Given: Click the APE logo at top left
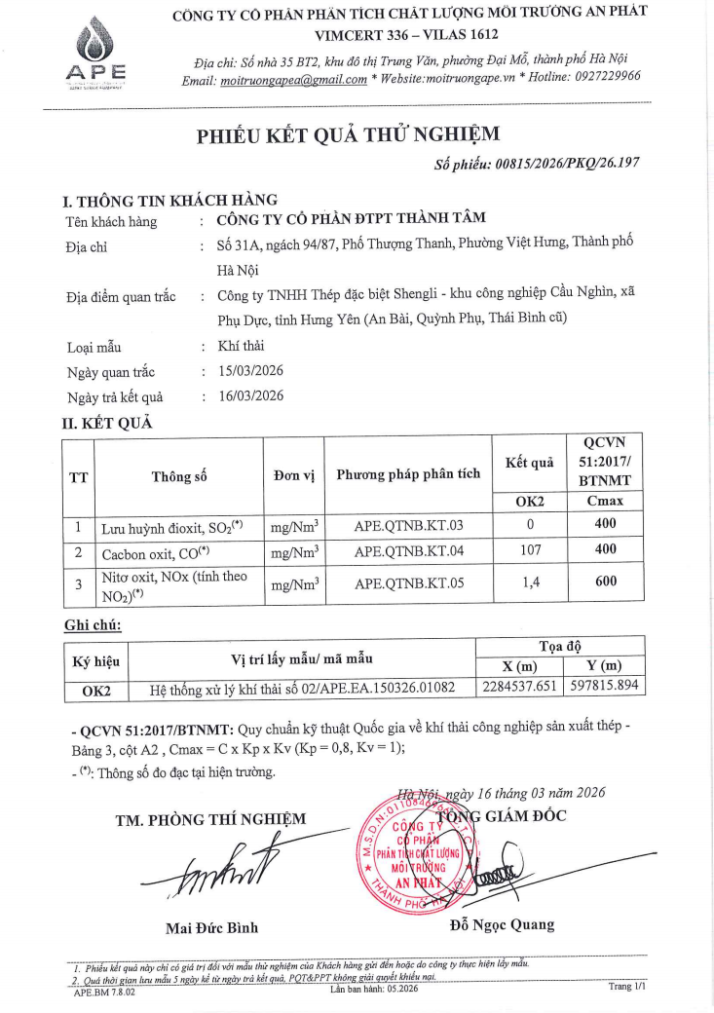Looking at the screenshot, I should point(95,55).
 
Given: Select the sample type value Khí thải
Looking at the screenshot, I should point(241,346).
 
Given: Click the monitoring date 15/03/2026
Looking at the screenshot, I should point(250,371).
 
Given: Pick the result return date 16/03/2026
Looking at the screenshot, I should point(250,396).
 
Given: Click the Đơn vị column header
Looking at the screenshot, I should point(293,476).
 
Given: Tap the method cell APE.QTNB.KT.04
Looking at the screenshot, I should point(408,551).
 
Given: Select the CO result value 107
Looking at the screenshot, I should point(530,551).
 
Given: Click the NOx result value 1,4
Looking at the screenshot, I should point(530,584).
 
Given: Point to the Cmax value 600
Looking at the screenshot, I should point(606,584).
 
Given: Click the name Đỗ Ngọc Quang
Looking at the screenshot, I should point(502,924).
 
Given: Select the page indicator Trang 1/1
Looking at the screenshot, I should point(627,986).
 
